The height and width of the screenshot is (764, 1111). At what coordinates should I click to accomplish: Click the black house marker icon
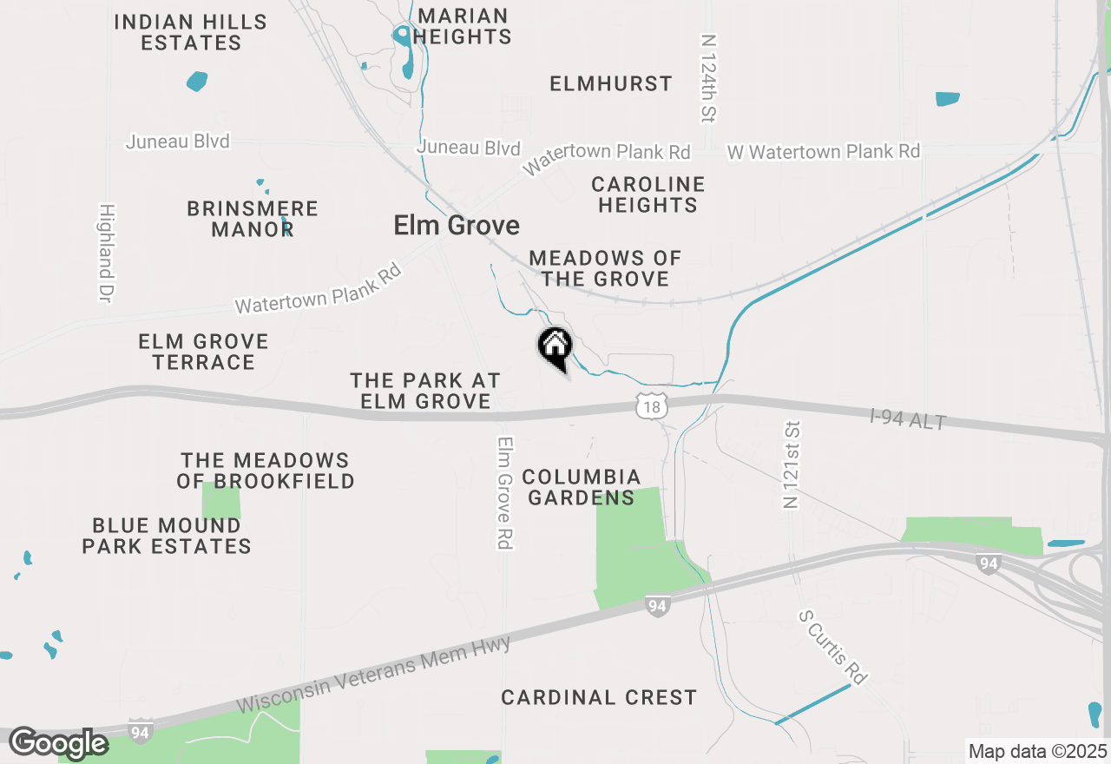[x=555, y=346]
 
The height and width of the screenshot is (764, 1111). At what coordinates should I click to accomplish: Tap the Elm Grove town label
[x=457, y=226]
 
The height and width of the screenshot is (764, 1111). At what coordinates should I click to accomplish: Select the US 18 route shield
[x=653, y=405]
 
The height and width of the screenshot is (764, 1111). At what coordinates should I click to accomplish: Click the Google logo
[x=57, y=743]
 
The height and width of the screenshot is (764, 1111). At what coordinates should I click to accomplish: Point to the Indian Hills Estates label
[x=191, y=32]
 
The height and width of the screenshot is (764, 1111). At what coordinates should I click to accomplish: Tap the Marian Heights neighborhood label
[x=463, y=26]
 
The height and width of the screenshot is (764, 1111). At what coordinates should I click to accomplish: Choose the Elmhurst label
[x=611, y=84]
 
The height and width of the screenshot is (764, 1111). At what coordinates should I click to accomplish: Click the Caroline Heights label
[x=648, y=194]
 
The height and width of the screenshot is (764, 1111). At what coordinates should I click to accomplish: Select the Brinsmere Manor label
[x=253, y=219]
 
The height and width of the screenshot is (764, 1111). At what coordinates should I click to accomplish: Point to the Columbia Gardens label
[x=582, y=487]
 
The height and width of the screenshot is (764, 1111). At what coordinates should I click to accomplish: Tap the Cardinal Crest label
[x=599, y=697]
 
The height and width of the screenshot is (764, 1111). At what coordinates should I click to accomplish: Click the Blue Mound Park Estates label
[x=167, y=536]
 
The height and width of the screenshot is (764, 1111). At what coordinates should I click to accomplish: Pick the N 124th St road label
[x=710, y=78]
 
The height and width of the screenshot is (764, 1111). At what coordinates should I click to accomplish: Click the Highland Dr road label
[x=107, y=254]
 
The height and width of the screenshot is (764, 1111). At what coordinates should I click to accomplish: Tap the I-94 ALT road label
[x=908, y=420]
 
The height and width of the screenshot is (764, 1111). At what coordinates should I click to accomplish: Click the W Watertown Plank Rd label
[x=823, y=152]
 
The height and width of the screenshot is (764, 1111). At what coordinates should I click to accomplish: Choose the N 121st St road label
[x=791, y=465]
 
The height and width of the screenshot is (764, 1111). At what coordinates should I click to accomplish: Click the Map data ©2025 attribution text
[x=1037, y=751]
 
